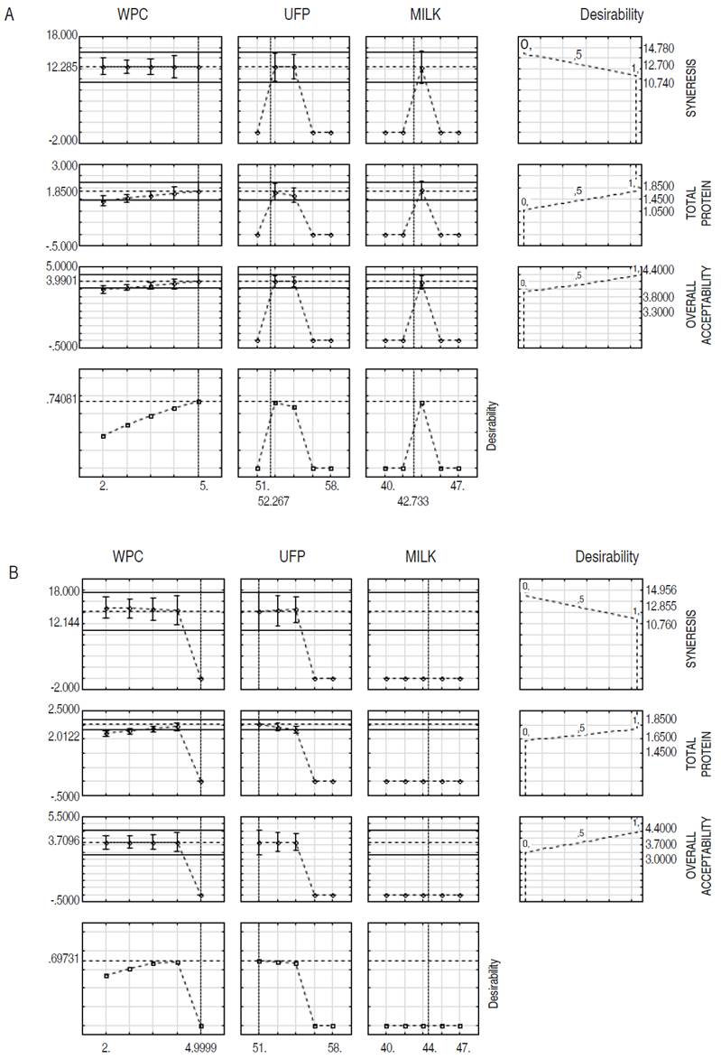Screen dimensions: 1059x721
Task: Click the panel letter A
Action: point(9,15)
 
